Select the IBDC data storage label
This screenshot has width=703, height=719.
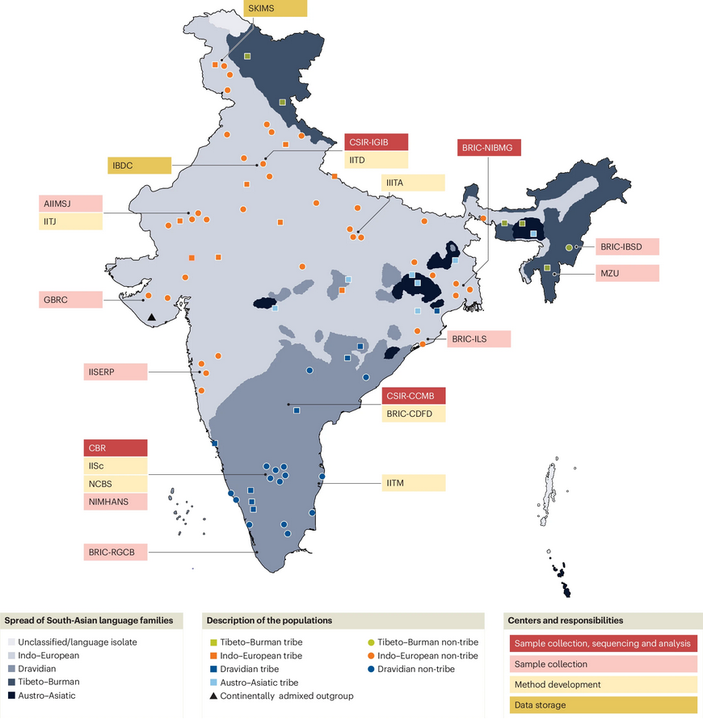pyautogui.click(x=139, y=165)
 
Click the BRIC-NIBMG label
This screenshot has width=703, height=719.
pyautogui.click(x=488, y=147)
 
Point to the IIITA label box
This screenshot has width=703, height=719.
pyautogui.click(x=413, y=183)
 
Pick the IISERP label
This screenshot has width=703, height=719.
pyautogui.click(x=116, y=372)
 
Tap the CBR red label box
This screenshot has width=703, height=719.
pyautogui.click(x=116, y=448)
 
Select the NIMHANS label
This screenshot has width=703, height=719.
pyautogui.click(x=116, y=501)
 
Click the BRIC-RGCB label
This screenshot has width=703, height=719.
pyautogui.click(x=116, y=553)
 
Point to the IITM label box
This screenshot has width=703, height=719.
pyautogui.click(x=413, y=483)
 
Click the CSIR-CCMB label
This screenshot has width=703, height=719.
pyautogui.click(x=413, y=396)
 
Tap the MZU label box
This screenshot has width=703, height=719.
pyautogui.click(x=628, y=273)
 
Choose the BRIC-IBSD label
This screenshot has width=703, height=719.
pyautogui.click(x=628, y=246)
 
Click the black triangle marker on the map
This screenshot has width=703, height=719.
pyautogui.click(x=152, y=320)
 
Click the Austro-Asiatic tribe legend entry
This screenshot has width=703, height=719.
pyautogui.click(x=253, y=683)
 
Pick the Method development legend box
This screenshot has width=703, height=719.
pyautogui.click(x=601, y=684)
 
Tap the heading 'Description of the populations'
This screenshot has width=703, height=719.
pyautogui.click(x=269, y=620)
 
